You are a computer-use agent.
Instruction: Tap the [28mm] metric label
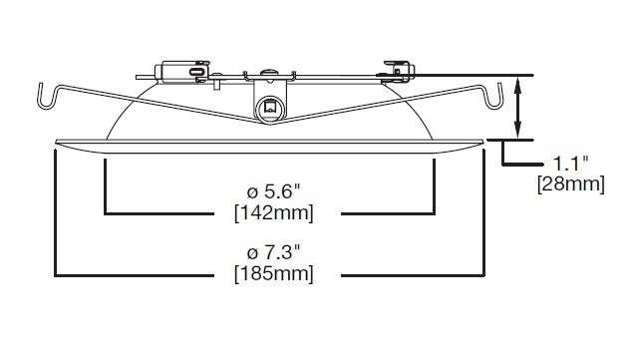point(570,184)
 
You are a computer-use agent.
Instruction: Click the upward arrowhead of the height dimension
point(517,84)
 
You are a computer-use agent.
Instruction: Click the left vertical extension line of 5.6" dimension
point(106,184)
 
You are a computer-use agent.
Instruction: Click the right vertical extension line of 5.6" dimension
point(435,184)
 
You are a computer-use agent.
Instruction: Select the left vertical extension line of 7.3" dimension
point(57,214)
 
